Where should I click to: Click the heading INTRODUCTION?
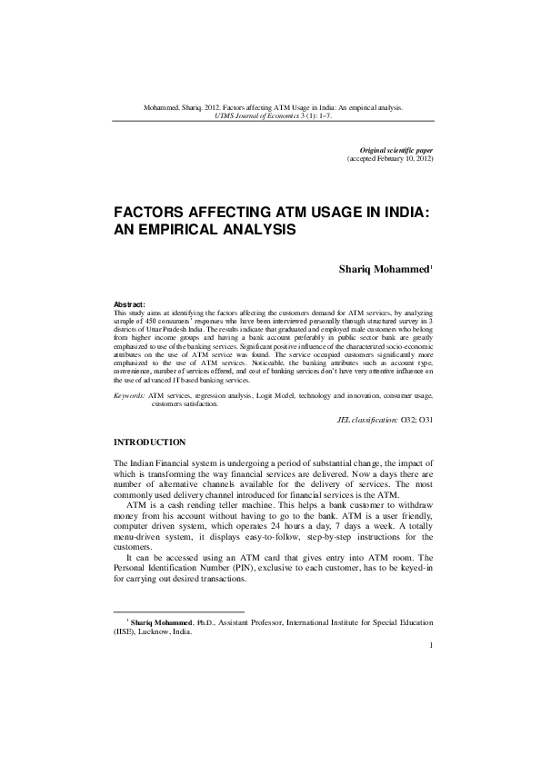(x=149, y=442)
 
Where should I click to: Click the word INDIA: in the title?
(x=396, y=213)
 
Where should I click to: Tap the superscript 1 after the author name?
(x=432, y=266)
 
